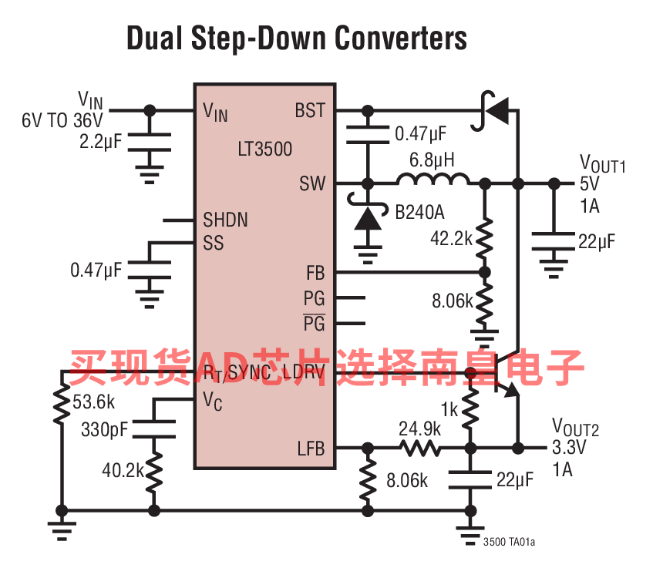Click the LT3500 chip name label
265,149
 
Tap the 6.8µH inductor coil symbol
433,179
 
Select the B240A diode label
419,213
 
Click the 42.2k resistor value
452,239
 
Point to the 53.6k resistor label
94,402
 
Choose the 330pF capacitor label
105,429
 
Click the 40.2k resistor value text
123,470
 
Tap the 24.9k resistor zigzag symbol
419,449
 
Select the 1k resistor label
449,410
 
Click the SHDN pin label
225,220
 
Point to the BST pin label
310,110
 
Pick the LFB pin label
311,449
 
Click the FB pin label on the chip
315,273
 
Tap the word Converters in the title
401,38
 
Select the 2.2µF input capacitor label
100,142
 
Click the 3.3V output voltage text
569,447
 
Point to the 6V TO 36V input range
62,120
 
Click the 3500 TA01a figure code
509,542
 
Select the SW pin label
312,183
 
